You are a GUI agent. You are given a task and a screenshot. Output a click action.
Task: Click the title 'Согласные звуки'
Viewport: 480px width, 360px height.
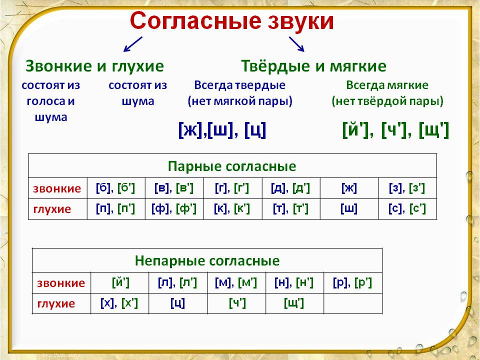coord(231,22)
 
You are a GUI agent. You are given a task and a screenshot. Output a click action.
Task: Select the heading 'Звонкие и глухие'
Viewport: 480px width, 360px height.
coord(94,66)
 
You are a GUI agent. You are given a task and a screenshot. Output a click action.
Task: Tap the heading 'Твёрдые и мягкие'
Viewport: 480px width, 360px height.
coord(313,66)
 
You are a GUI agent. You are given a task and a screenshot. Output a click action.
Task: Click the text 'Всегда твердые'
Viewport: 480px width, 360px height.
coord(239,85)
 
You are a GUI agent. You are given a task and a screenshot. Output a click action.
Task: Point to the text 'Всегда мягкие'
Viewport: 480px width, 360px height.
coord(387,85)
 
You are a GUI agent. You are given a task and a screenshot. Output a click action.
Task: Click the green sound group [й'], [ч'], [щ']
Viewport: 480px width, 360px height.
coord(395,130)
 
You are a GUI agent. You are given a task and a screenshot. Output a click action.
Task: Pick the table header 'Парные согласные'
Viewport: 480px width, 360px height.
coord(232,166)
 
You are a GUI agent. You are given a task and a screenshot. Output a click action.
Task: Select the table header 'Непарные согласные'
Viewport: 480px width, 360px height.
coord(207,260)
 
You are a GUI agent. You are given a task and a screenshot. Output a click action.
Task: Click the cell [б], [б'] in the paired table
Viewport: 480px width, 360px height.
coord(115,188)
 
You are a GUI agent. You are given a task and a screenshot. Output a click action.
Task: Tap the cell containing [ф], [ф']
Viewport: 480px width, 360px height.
coord(174,208)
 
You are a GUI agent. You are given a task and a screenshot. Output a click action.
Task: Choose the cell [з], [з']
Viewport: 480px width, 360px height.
coord(407,188)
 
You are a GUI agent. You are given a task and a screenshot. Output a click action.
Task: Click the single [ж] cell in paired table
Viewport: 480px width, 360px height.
coord(349,188)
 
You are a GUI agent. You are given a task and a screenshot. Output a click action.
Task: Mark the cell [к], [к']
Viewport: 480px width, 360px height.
coord(232,208)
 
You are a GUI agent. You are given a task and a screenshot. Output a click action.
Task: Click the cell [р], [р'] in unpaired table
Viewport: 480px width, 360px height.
coord(352,283)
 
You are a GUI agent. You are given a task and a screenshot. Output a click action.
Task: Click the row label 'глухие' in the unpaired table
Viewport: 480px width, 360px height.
coord(56,303)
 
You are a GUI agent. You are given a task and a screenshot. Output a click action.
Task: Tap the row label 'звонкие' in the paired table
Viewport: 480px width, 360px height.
coord(57,189)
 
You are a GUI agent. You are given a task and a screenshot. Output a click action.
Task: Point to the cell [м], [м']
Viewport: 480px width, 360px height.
coord(236,283)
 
